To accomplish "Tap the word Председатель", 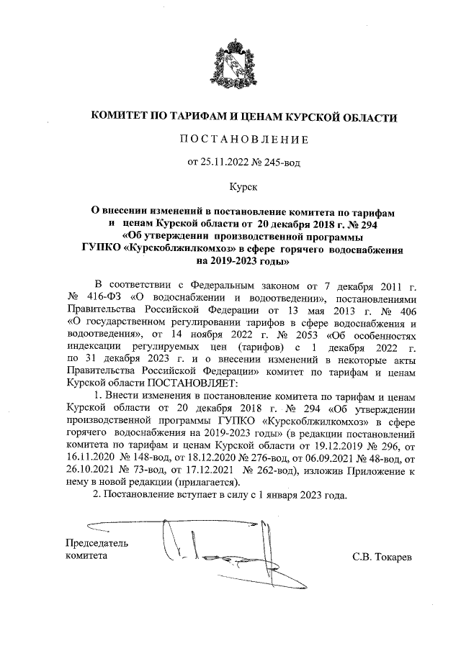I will (97, 543).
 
